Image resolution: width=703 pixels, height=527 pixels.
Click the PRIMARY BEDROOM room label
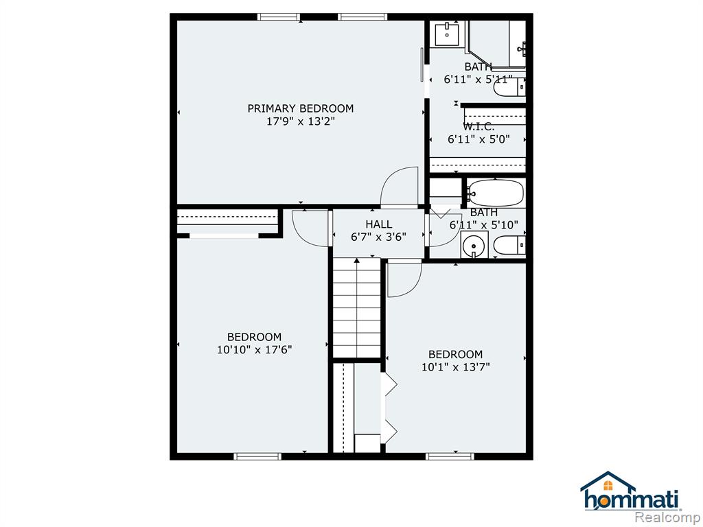301,108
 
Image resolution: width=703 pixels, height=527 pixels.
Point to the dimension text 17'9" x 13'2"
301,121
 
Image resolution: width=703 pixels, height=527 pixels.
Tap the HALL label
379,224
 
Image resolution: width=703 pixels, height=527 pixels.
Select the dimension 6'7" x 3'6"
379,237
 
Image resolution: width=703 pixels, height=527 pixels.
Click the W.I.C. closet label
479,127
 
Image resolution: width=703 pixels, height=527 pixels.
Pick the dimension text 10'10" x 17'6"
255,349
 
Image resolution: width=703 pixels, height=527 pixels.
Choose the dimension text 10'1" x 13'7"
456,368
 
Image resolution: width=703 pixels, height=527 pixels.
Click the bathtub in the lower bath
496,193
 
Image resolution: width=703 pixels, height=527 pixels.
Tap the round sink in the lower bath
474,246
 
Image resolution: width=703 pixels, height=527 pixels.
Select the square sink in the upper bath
447,34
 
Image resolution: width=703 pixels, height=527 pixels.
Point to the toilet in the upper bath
509,87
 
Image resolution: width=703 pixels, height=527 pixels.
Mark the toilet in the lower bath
509,246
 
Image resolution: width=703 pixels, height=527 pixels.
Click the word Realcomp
669,517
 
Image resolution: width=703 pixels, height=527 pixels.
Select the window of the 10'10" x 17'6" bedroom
257,456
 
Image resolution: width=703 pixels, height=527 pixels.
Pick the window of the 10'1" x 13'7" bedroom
450,456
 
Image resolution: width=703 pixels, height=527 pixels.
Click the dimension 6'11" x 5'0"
479,139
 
